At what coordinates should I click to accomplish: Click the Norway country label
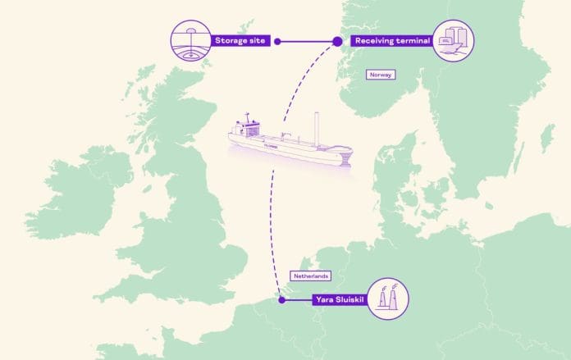pyautogui.click(x=381, y=75)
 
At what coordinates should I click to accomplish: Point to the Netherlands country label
pyautogui.click(x=310, y=276)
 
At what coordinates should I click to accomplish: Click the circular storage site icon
pyautogui.click(x=190, y=40)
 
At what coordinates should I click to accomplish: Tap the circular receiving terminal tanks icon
pyautogui.click(x=453, y=40)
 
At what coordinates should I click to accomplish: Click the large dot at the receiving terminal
pyautogui.click(x=336, y=40)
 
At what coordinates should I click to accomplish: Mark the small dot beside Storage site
pyautogui.click(x=277, y=40)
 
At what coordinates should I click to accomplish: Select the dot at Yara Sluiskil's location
pyautogui.click(x=281, y=300)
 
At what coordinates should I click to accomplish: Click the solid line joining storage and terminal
pyautogui.click(x=307, y=40)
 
